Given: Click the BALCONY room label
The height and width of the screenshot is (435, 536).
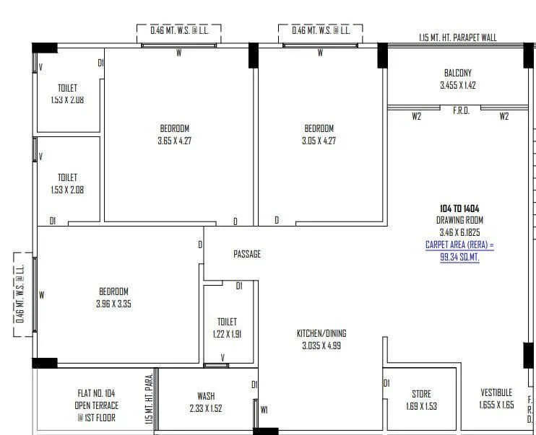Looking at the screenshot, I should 457,73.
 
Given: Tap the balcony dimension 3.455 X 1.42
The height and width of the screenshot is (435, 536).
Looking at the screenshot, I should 457,85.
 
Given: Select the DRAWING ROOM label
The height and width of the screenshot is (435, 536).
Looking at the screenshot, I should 459,220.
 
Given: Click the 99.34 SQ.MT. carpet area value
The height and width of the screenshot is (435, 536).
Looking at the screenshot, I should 459,257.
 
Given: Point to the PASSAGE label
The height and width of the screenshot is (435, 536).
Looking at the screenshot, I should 247,254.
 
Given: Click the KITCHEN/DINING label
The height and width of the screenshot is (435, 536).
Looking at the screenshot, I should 321,333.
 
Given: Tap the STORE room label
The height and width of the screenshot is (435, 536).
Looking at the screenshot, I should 421,394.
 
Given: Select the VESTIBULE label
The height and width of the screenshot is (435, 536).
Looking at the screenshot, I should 496,392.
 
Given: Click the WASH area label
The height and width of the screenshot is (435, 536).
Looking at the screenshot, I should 206,396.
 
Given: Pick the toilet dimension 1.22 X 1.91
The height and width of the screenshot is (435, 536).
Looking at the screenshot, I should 227,333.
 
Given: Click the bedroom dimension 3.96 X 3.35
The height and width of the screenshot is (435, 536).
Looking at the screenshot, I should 113,304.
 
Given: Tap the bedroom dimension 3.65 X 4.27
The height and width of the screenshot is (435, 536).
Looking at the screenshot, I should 174,141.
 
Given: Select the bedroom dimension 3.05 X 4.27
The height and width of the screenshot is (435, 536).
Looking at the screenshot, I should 319,141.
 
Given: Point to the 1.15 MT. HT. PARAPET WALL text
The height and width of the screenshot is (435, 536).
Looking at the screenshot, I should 458,38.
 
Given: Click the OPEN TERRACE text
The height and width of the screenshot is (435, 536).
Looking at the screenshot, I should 98,405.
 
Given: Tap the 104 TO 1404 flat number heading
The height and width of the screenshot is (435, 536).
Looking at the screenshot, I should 459,208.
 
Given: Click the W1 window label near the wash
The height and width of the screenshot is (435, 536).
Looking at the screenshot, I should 264,410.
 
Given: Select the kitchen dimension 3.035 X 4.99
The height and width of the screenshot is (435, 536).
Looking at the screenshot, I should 321,345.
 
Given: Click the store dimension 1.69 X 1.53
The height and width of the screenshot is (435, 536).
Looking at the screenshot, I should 421,405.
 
